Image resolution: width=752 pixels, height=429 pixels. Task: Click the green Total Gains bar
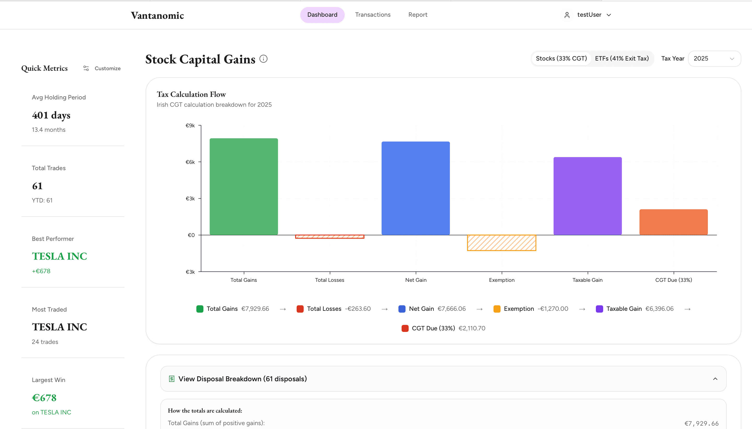coord(244,187)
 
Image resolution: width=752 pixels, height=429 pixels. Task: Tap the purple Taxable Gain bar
coord(587,196)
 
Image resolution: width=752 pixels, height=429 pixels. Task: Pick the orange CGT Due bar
coord(673,222)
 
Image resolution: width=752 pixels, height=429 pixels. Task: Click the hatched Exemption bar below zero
coord(501,243)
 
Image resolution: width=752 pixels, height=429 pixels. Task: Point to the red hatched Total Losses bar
coord(330,237)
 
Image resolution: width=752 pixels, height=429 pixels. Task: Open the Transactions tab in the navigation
coord(373,15)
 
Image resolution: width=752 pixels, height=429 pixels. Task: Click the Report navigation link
coord(418,15)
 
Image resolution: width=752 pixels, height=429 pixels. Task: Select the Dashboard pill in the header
coord(322,15)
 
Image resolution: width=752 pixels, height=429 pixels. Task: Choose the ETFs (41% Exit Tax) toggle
coord(621,59)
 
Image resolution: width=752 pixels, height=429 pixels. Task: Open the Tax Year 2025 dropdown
coord(714,59)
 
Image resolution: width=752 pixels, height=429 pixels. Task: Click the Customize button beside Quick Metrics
coord(102,68)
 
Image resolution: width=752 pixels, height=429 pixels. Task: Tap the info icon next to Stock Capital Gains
coord(263,59)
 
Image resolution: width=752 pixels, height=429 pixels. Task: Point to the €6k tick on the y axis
coord(190,162)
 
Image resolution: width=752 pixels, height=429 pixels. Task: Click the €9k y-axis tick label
coord(190,126)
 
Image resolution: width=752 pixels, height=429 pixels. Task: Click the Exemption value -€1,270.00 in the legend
coord(553,309)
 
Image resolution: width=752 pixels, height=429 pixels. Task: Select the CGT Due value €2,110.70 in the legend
coord(472,328)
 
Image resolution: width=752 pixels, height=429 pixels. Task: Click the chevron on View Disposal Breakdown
coord(715,379)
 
